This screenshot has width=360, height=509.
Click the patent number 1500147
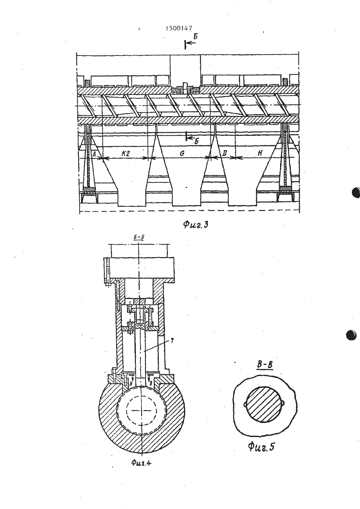click(x=179, y=28)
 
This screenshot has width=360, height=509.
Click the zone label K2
click(x=126, y=154)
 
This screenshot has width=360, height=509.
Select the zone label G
click(x=182, y=154)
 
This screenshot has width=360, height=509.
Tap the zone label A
click(x=94, y=154)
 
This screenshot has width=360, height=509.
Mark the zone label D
click(x=224, y=154)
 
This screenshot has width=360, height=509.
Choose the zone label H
click(x=260, y=153)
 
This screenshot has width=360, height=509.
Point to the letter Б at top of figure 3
click(x=195, y=36)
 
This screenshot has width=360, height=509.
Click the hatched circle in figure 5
click(x=264, y=405)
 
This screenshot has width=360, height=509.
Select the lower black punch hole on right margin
click(x=351, y=335)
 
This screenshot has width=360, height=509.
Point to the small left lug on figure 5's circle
click(x=245, y=404)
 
